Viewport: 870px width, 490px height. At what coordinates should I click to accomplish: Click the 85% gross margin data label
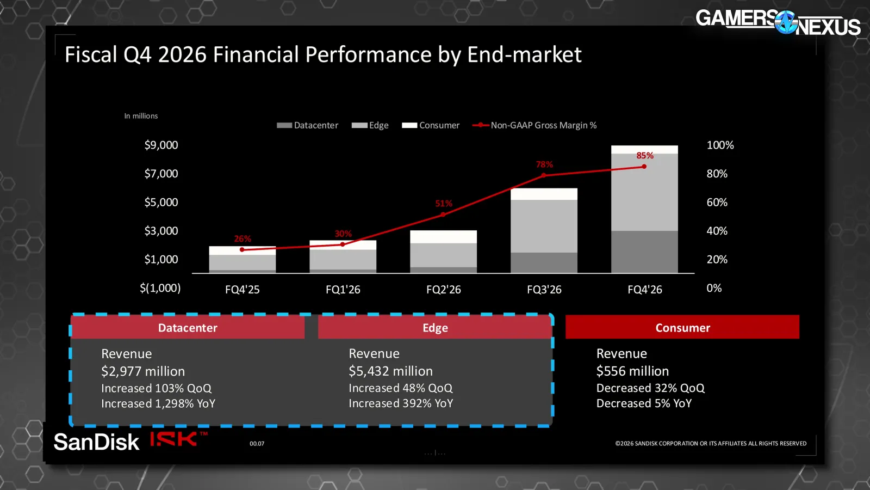(x=645, y=156)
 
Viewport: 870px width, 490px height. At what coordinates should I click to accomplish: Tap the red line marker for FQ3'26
(x=544, y=175)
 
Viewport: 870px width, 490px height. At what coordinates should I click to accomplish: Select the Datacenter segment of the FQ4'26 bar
(x=644, y=252)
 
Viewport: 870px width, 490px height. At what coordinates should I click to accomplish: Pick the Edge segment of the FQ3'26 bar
(x=544, y=226)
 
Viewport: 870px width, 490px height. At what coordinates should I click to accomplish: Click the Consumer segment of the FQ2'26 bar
(x=443, y=237)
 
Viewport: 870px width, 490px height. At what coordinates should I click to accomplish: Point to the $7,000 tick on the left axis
(x=161, y=174)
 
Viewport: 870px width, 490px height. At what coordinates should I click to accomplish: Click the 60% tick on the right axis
(x=717, y=202)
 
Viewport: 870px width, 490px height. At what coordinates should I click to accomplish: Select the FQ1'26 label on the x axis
(x=343, y=289)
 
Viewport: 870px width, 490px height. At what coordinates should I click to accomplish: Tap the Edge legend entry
(x=370, y=125)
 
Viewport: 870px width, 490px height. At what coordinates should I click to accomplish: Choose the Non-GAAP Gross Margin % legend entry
(x=535, y=125)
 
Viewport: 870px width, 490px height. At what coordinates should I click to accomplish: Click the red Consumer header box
(x=682, y=327)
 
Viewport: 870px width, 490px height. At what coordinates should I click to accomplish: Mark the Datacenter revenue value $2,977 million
(x=143, y=371)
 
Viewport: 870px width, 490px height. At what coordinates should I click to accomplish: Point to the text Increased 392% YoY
(x=401, y=403)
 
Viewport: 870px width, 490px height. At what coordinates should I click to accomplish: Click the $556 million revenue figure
(x=632, y=371)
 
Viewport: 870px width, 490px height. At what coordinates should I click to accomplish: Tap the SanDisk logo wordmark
(x=96, y=442)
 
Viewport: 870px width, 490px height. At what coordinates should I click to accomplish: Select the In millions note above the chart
(x=141, y=116)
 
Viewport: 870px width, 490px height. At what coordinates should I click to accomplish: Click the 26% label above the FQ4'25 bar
(x=243, y=238)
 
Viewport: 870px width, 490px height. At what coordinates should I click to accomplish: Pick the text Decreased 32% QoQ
(x=650, y=388)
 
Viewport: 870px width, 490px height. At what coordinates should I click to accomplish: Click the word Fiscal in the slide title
(x=90, y=54)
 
